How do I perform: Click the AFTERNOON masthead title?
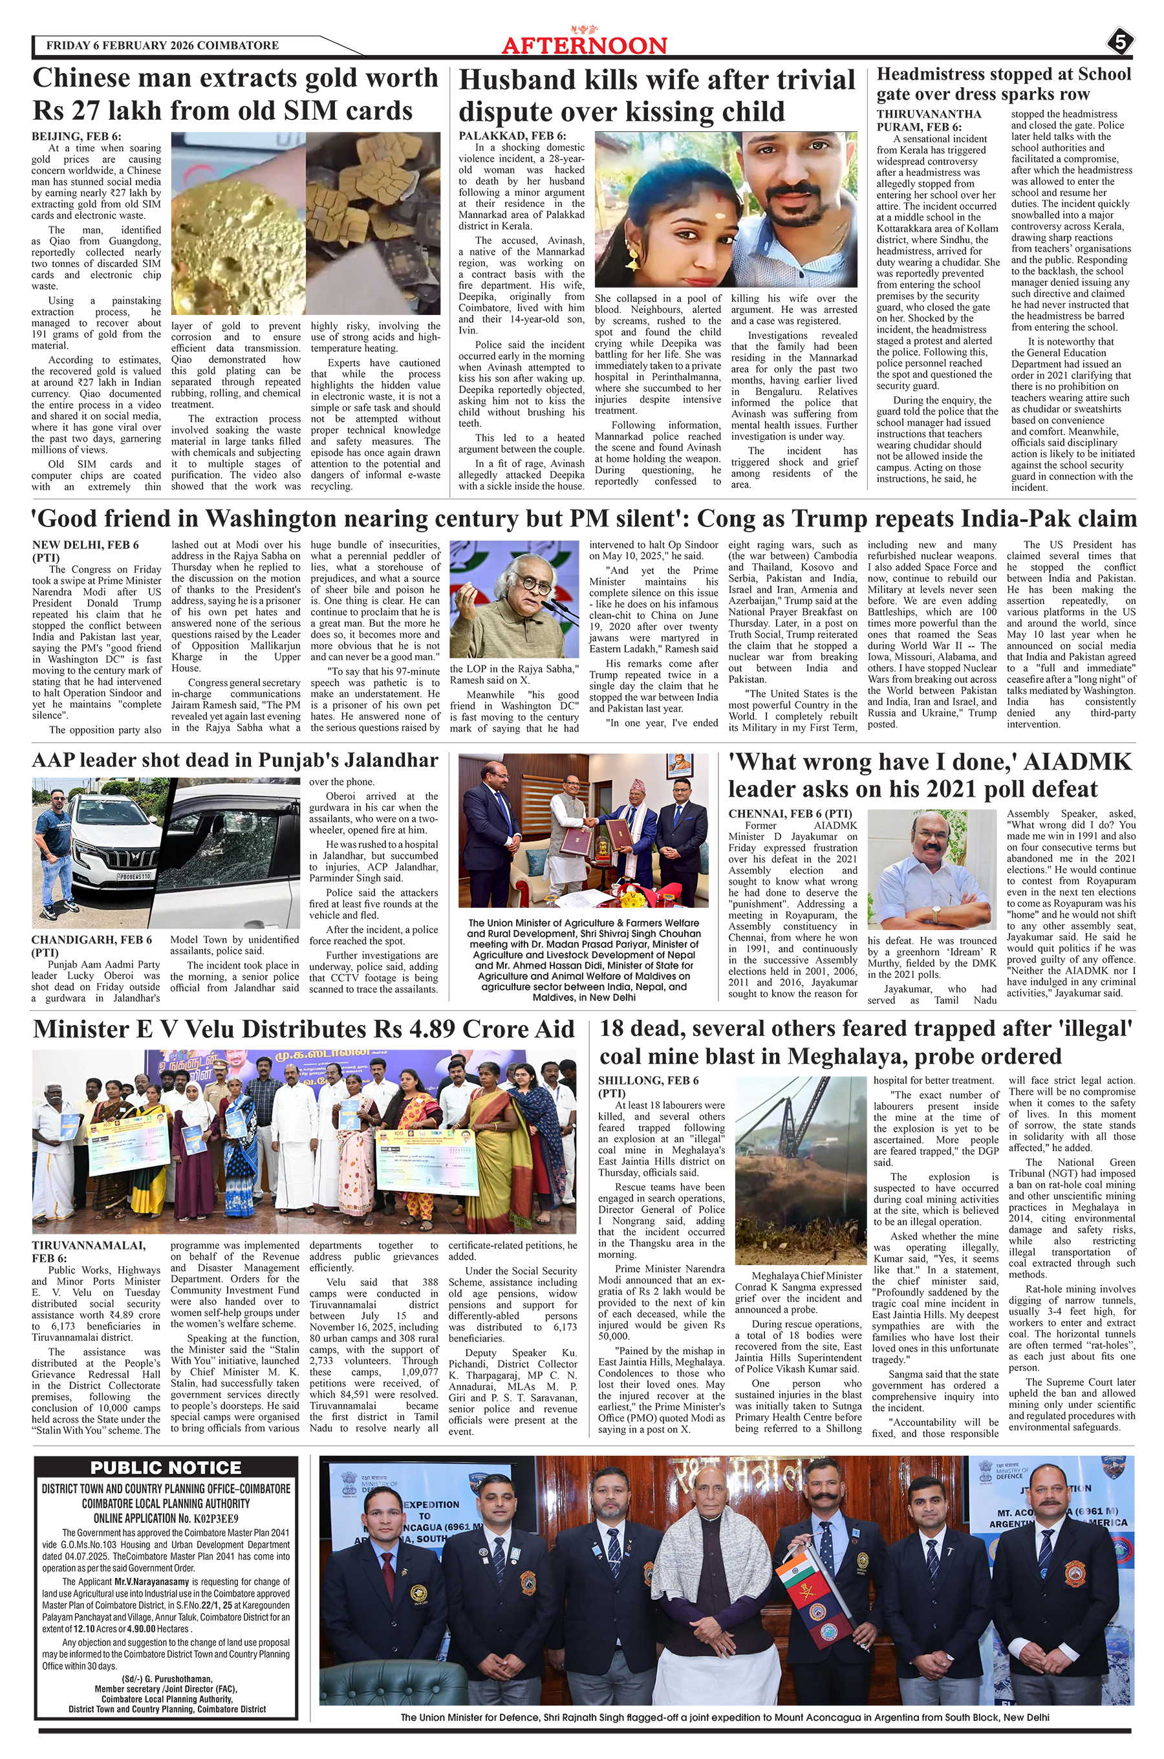583,46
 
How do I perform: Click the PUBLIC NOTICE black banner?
166,1467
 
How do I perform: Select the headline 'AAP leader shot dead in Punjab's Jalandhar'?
235,760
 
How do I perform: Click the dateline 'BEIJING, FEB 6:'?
76,136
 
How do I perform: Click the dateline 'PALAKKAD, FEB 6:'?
512,136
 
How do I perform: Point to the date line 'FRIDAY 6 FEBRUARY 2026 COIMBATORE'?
162,45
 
